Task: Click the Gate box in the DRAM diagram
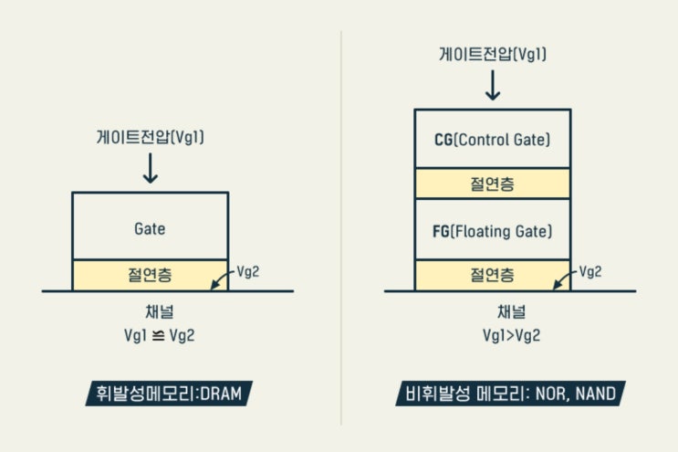pos(150,226)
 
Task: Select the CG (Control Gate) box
pos(493,139)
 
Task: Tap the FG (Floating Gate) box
pos(493,229)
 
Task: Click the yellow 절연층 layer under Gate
pos(150,274)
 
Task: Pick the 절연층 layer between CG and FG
pos(493,184)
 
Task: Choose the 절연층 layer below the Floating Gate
pos(493,274)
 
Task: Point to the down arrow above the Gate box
pos(151,168)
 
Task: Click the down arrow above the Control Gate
pos(493,84)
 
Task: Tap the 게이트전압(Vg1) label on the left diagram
pos(150,138)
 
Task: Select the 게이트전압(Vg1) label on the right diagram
pos(493,54)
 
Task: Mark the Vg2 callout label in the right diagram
pos(591,271)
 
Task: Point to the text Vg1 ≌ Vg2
pos(160,335)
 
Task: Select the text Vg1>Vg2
pos(511,335)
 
